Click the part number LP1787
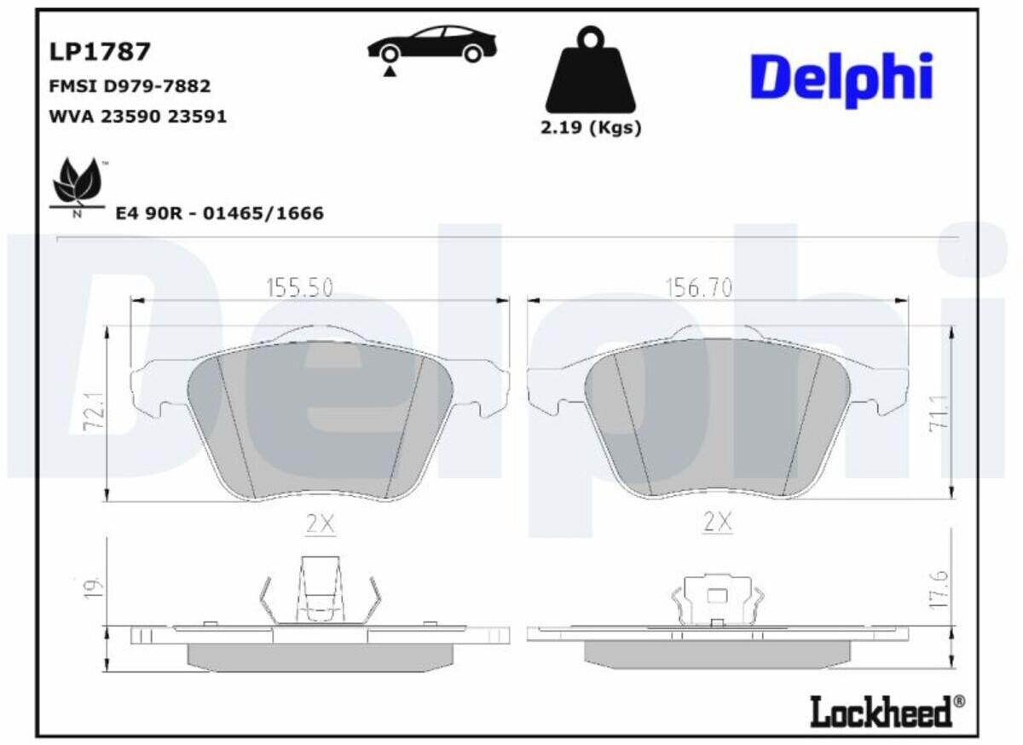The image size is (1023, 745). click(x=100, y=51)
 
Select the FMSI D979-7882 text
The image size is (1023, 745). click(x=130, y=86)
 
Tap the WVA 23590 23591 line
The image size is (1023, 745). click(x=137, y=117)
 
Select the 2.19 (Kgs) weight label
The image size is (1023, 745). click(x=591, y=128)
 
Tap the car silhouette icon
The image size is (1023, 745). click(x=432, y=44)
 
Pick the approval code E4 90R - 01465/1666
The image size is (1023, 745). click(x=219, y=213)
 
